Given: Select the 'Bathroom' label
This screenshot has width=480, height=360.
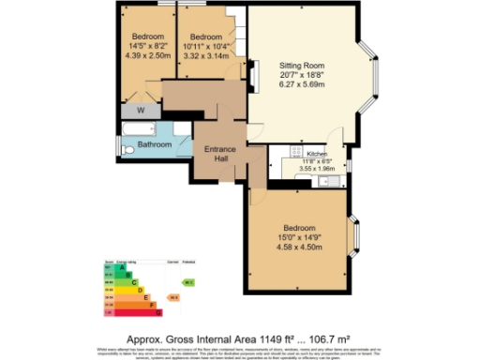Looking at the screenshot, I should (155, 145).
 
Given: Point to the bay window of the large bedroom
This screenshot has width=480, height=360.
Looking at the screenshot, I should (354, 234).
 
